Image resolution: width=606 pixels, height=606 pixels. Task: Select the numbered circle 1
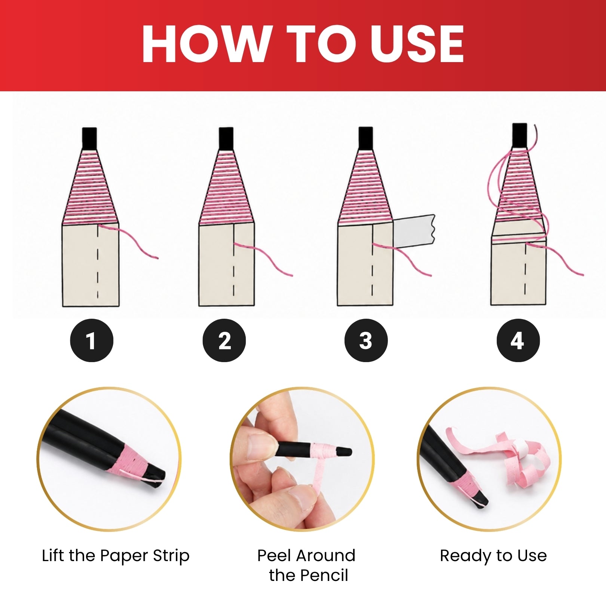click(92, 340)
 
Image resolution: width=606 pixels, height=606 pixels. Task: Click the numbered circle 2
click(224, 340)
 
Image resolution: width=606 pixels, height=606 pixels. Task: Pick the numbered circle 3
click(366, 340)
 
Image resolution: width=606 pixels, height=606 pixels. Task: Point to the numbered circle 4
click(518, 340)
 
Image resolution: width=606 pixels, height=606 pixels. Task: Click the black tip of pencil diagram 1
click(89, 138)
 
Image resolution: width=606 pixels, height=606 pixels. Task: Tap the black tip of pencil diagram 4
click(520, 135)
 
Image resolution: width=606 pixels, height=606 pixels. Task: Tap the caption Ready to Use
click(493, 556)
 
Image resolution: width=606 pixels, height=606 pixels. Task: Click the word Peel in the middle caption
click(274, 556)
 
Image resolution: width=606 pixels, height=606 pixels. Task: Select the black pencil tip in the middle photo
click(343, 451)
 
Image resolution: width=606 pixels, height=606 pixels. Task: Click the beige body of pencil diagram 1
click(90, 265)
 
